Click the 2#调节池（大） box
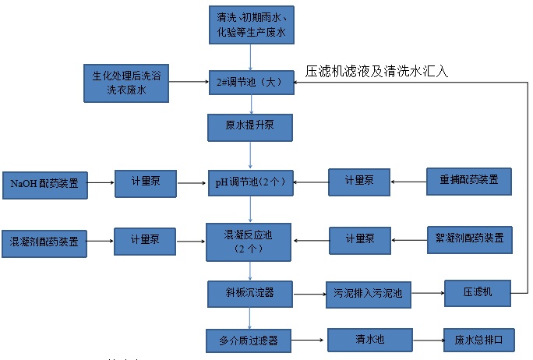[250, 82]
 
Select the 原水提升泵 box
[250, 125]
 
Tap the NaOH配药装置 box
[44, 184]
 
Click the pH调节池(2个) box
[250, 183]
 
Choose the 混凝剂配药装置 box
[44, 242]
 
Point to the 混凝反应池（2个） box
[250, 242]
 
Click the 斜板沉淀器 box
[250, 294]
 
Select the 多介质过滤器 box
[249, 340]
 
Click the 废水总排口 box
[478, 340]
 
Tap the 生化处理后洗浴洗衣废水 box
[126, 83]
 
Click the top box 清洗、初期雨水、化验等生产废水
[250, 24]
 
